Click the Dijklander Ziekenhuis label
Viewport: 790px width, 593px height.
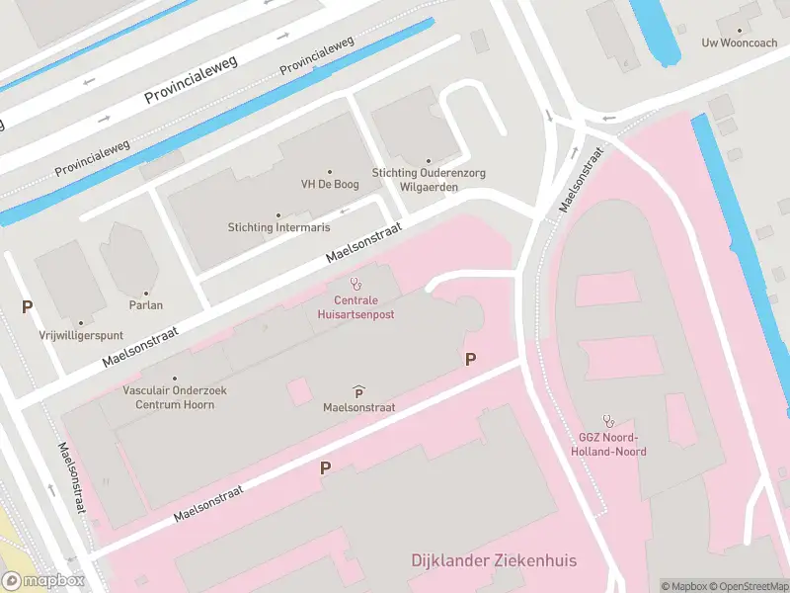pos(494,561)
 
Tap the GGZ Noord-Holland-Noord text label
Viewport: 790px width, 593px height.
pos(607,445)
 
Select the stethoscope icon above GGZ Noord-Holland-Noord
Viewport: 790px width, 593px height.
pos(607,420)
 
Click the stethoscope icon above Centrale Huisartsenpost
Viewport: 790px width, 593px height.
pos(355,284)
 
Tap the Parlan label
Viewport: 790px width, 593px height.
pos(145,306)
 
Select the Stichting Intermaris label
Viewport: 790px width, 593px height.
pos(277,227)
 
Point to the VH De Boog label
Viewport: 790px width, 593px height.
pos(329,184)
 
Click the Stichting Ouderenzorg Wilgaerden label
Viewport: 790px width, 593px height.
pos(429,179)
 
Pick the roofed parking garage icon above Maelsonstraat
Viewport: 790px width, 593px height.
pos(357,392)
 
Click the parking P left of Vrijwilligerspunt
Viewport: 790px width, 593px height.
pos(27,307)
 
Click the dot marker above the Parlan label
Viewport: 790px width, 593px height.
pos(145,293)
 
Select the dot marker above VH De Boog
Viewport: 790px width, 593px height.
pos(329,171)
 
